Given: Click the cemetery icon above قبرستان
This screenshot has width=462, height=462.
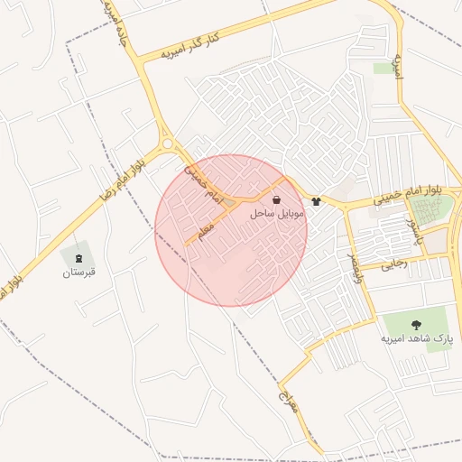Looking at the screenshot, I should tap(79, 256).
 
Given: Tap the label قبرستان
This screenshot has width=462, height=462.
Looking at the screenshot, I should tap(79, 272).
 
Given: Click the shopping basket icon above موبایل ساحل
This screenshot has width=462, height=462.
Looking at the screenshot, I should tap(275, 200).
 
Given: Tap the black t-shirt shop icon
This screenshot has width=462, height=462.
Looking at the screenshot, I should tap(317, 201).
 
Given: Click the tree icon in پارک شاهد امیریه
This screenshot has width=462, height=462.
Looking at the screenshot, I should tap(416, 324).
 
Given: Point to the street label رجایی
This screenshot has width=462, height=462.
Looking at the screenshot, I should tap(393, 264).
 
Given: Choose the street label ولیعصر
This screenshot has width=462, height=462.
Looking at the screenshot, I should tap(355, 266).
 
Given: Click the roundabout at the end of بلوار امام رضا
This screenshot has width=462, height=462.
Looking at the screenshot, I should tap(167, 143).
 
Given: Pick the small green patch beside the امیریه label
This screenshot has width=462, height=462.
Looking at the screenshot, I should tap(383, 68).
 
